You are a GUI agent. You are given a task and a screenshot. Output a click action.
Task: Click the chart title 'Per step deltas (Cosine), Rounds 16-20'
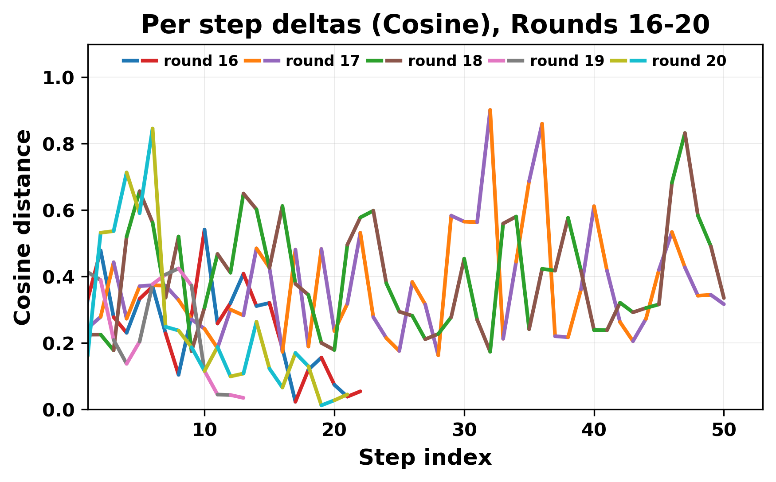click(425, 25)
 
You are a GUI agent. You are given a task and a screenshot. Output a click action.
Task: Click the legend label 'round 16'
click(201, 61)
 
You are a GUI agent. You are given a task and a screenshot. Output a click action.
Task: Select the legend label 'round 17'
click(323, 61)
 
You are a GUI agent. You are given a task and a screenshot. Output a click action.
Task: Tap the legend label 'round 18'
click(445, 61)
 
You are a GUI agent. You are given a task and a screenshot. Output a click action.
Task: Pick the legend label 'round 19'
click(567, 61)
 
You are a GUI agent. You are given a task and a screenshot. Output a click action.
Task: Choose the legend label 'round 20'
click(689, 61)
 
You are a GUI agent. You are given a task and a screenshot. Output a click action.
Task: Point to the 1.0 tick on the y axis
click(59, 78)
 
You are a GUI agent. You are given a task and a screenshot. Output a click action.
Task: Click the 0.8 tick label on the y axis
click(59, 144)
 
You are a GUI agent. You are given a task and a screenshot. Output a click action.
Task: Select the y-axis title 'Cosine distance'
click(23, 227)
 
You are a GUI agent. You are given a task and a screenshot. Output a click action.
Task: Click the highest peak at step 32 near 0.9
click(490, 110)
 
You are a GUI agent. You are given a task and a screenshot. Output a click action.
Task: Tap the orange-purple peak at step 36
click(542, 124)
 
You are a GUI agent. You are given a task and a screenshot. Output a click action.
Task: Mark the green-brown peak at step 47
click(685, 133)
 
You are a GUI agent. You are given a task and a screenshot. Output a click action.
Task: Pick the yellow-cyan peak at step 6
click(153, 128)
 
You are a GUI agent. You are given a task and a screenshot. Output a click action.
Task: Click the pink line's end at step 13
click(243, 398)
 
